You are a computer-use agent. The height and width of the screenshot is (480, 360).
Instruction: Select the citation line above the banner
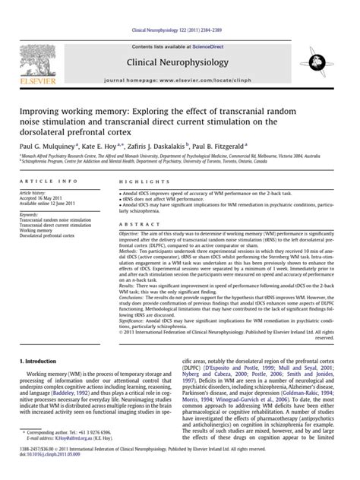point(179,8)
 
